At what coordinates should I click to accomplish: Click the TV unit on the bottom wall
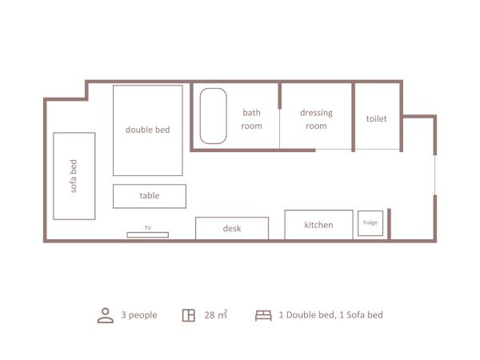click(148, 234)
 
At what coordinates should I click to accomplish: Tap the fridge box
click(370, 222)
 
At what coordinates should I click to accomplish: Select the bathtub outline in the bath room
click(213, 116)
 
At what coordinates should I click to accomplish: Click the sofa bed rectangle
click(74, 176)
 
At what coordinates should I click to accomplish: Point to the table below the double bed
click(150, 196)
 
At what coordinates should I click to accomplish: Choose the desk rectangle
click(232, 228)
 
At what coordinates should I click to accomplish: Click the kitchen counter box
click(318, 225)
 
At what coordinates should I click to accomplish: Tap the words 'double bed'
click(148, 130)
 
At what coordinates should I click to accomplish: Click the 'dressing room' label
click(316, 119)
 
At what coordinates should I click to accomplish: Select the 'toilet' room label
click(377, 119)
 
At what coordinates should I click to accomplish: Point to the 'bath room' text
click(252, 119)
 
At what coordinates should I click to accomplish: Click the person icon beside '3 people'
click(106, 314)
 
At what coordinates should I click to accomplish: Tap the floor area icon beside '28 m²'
click(189, 314)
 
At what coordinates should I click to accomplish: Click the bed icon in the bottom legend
click(263, 314)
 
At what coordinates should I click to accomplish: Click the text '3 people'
click(139, 314)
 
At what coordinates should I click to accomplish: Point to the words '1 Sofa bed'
click(359, 314)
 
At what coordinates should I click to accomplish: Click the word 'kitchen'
click(318, 225)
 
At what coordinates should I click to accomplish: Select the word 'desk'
click(232, 229)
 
